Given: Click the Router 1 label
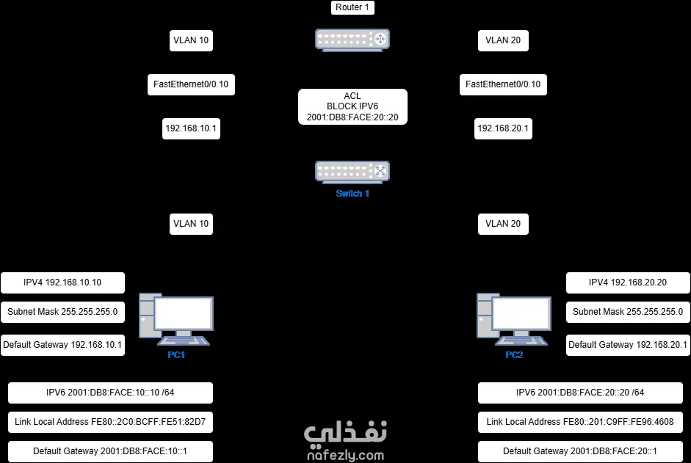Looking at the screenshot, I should [x=352, y=8].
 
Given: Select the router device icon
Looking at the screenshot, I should [x=352, y=40].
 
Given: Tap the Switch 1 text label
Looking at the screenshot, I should [x=352, y=194].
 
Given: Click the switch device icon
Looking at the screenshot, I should [x=352, y=172].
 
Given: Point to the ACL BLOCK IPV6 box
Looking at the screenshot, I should [x=352, y=106].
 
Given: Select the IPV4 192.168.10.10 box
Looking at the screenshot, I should [x=62, y=282].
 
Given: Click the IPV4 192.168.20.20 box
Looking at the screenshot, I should [x=628, y=282].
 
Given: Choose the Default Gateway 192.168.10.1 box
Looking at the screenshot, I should [x=62, y=345].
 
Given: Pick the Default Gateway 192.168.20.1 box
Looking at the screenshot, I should [x=628, y=345].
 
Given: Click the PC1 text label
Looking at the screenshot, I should [x=176, y=355].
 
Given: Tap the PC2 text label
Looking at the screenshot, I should [x=514, y=355].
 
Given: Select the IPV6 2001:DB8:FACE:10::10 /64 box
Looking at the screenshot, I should [x=110, y=393].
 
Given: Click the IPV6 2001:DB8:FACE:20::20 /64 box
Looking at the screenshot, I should [x=580, y=393].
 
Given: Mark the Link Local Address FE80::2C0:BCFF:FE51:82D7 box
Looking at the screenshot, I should [x=110, y=422].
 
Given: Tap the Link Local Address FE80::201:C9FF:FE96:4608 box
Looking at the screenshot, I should [x=580, y=422].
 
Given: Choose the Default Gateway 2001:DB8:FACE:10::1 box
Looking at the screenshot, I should [x=110, y=451].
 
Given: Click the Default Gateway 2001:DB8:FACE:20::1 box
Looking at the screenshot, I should [x=580, y=451].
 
